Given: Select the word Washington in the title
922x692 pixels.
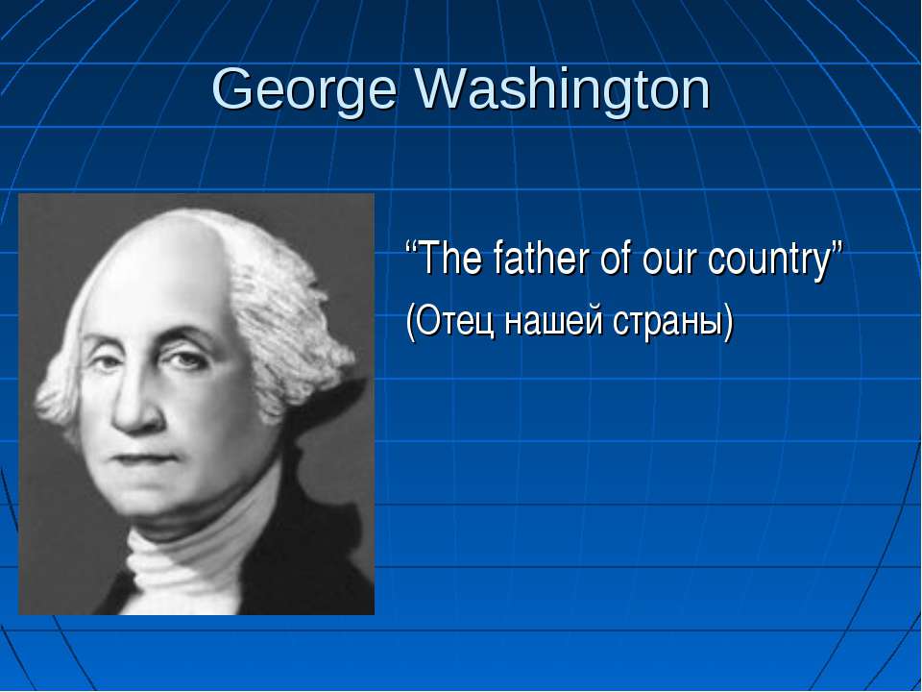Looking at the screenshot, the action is (564, 89).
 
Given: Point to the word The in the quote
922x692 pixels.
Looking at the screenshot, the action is (450, 259).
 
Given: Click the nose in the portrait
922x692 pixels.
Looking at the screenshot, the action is (135, 400).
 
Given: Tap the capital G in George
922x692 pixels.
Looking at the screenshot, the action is (231, 88).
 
